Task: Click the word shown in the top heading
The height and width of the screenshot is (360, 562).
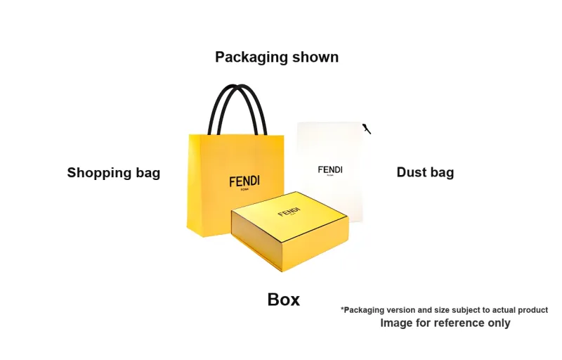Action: [317, 58]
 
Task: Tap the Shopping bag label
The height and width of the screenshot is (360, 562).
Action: [113, 173]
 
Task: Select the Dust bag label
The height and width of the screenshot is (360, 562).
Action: [425, 173]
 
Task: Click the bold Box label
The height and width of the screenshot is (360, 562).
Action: [284, 300]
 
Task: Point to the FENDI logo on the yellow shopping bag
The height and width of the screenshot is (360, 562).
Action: [244, 181]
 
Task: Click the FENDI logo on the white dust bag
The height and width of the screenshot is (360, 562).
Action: [330, 169]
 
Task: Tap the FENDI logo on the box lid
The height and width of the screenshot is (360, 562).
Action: [289, 212]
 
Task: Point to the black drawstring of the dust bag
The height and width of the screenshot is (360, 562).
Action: [366, 129]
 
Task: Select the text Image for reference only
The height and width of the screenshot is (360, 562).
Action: [445, 323]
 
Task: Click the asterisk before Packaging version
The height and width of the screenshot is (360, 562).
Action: [343, 309]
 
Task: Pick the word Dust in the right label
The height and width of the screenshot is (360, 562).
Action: [410, 173]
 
